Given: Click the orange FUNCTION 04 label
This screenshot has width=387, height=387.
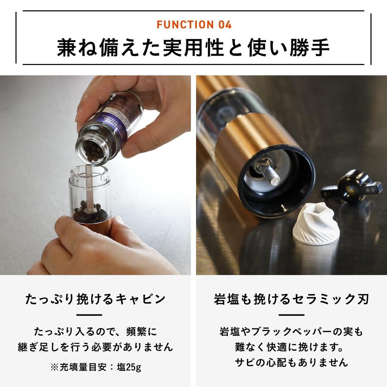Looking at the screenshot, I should pyautogui.click(x=193, y=25).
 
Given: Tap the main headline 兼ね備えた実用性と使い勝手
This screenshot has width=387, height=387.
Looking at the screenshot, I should pyautogui.click(x=193, y=47).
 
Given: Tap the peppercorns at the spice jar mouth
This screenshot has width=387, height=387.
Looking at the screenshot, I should pyautogui.click(x=93, y=151).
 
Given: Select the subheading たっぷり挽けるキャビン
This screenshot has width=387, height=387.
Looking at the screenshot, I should pyautogui.click(x=95, y=299).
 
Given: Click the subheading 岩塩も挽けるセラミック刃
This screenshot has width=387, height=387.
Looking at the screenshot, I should pyautogui.click(x=291, y=299).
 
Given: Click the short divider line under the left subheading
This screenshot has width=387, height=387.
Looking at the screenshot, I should pyautogui.click(x=90, y=315).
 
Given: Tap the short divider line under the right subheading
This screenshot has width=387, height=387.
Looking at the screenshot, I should pyautogui.click(x=291, y=315).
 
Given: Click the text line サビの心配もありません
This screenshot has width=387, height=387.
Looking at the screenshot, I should pyautogui.click(x=291, y=362).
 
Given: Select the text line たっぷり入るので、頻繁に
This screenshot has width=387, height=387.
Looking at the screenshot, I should pyautogui.click(x=95, y=332).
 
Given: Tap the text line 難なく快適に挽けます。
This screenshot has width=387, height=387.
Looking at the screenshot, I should pyautogui.click(x=291, y=347).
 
